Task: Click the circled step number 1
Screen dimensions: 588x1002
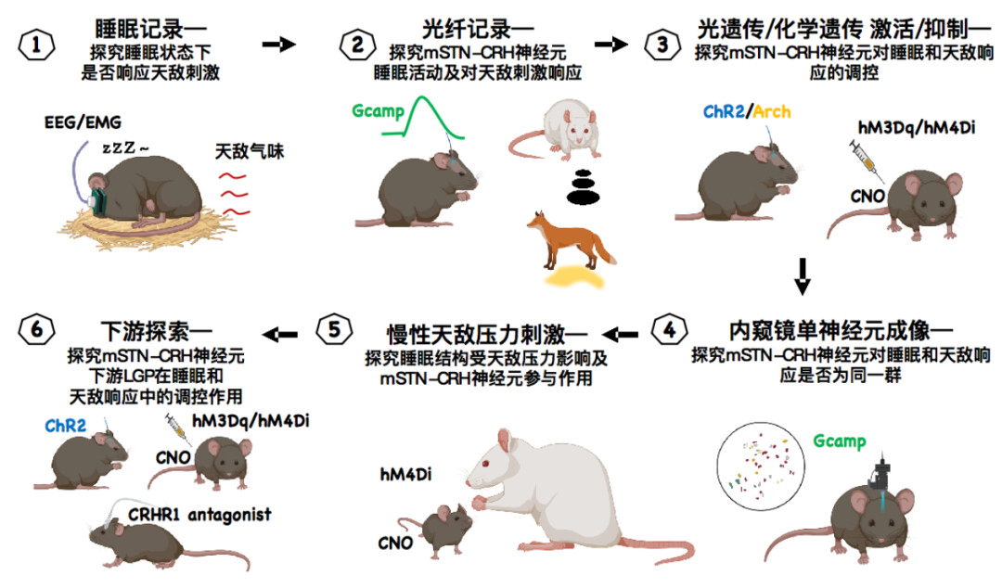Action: (x=35, y=45)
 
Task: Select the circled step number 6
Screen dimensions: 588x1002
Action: (x=35, y=331)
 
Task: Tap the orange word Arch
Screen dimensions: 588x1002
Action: (x=772, y=112)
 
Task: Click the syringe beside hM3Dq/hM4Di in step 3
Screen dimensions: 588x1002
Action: (x=863, y=159)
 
